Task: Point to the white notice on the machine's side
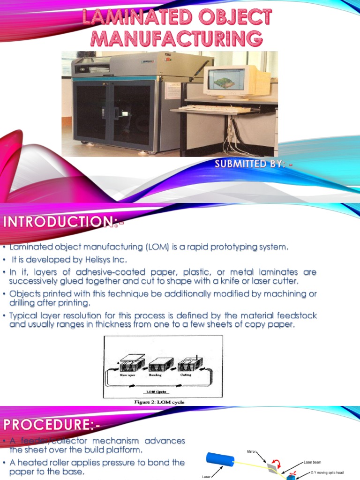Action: [173, 90]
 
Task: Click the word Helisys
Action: [98, 260]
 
